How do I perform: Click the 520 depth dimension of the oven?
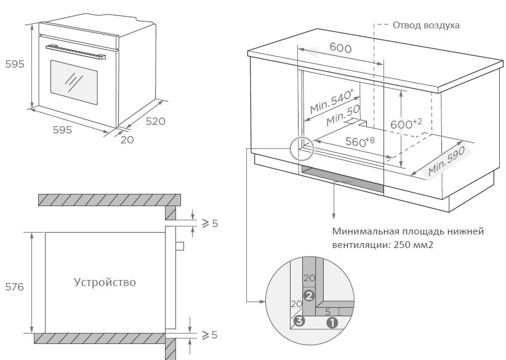pos(156,121)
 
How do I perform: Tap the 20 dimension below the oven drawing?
pos(127,140)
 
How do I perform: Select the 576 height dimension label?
pos(14,287)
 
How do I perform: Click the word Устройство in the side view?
pos(105,282)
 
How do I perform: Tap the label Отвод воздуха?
pos(427,25)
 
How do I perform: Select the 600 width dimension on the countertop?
pos(340,48)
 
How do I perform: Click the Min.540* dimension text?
pos(332,101)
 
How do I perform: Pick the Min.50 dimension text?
pos(343,114)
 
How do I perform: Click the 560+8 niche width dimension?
pos(359,141)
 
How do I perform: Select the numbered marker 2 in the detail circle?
pos(310,295)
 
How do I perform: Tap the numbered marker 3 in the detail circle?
pos(300,321)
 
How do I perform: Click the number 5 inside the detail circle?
pos(328,311)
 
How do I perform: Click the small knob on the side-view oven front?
pos(180,246)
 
